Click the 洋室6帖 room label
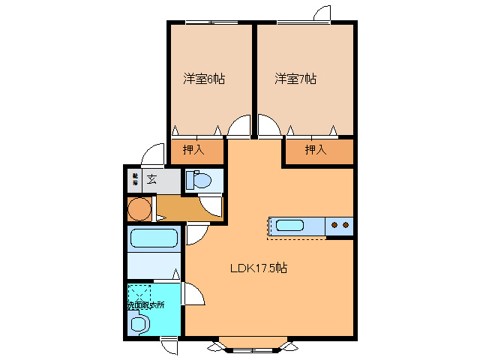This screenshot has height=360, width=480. (205, 78)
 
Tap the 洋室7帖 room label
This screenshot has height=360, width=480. (295, 78)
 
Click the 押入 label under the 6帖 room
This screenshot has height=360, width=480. (193, 150)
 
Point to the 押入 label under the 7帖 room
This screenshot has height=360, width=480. (316, 150)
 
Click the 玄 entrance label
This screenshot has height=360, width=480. (151, 178)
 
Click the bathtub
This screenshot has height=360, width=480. (154, 239)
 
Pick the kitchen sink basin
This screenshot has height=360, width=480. (289, 225)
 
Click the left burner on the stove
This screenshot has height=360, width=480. (334, 224)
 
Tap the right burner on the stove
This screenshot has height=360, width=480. (346, 224)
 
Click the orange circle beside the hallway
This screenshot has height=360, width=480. (138, 208)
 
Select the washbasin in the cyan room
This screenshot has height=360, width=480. (139, 324)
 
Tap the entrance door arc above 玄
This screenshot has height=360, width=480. (154, 151)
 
